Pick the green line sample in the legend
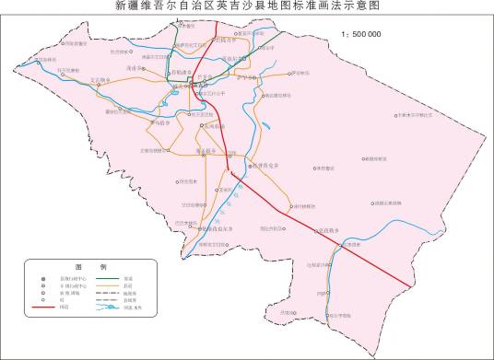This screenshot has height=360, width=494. pyautogui.click(x=108, y=279)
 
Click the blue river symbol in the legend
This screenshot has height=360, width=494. pyautogui.click(x=108, y=307)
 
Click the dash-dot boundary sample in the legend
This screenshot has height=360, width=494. pyautogui.click(x=108, y=293)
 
